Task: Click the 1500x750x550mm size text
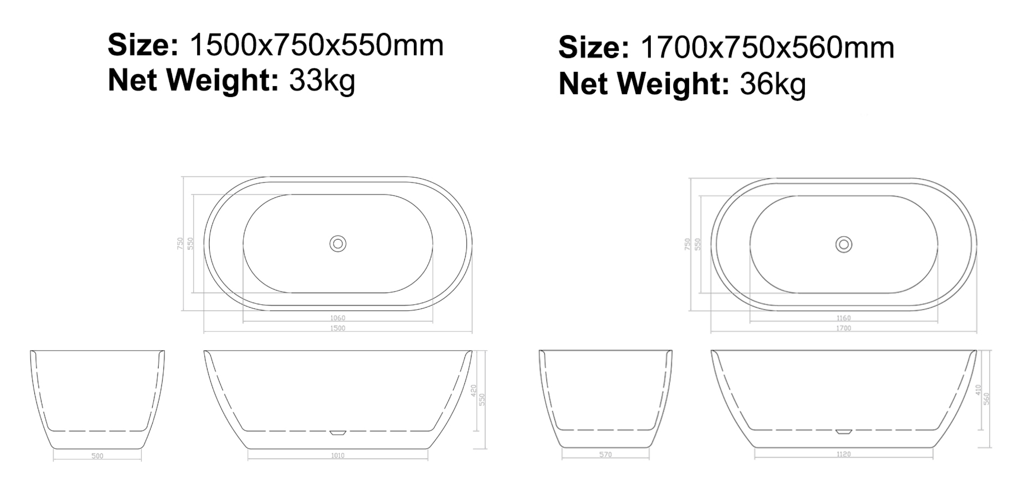click(317, 46)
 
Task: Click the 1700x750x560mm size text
click(767, 48)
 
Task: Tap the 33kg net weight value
click(322, 80)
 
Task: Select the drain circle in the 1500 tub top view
click(338, 244)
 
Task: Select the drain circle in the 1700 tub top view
click(844, 244)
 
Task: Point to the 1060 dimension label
click(338, 318)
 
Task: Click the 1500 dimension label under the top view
click(338, 328)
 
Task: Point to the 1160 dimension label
click(844, 318)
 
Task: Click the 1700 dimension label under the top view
click(844, 328)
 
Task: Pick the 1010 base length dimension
click(338, 456)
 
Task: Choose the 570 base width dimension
click(605, 455)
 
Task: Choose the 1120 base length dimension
click(844, 454)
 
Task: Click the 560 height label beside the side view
click(987, 399)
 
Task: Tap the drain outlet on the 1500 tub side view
click(338, 433)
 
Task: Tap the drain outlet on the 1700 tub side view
click(844, 432)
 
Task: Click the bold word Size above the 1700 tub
click(593, 48)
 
